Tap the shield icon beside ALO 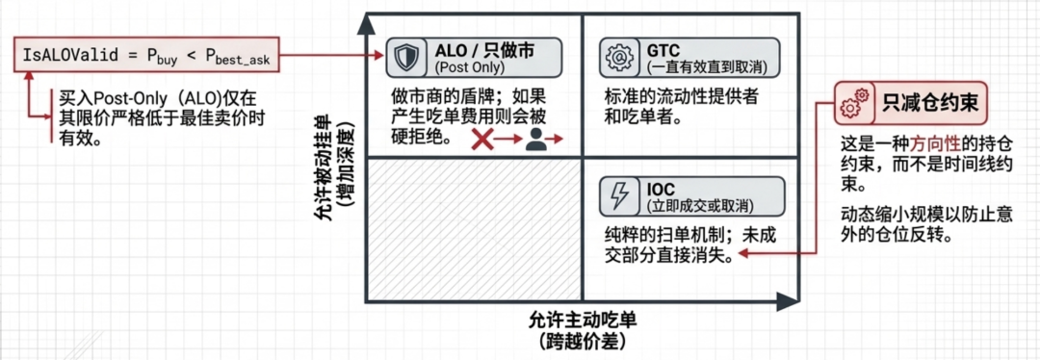pos(403,58)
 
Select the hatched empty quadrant pos(474,229)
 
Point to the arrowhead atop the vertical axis pos(366,22)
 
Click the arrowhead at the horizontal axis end pos(788,301)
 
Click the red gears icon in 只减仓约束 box pos(853,103)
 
